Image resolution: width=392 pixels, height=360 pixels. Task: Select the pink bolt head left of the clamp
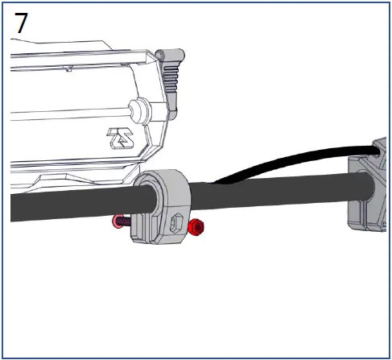(x=118, y=221)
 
